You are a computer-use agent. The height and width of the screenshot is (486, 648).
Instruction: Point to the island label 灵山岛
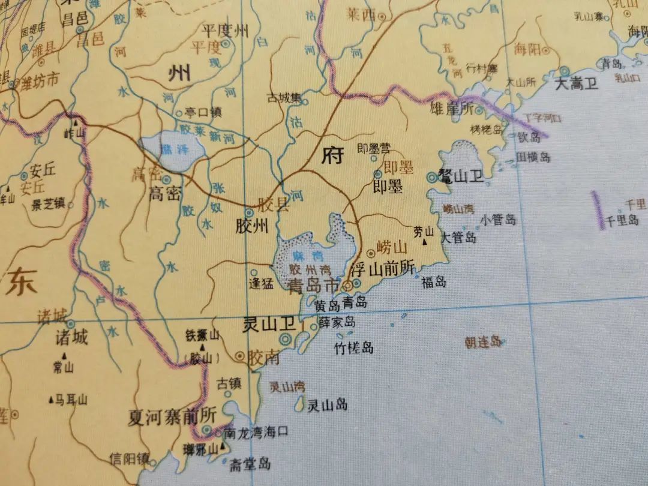point(327,405)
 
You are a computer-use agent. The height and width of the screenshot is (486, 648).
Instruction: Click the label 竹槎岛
point(354,347)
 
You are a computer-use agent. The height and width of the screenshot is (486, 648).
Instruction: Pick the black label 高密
point(164,193)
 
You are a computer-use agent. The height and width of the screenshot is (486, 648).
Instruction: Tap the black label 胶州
point(252,227)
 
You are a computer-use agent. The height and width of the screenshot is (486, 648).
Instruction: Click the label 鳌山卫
point(463,176)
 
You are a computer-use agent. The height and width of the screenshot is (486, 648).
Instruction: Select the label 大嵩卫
point(576,83)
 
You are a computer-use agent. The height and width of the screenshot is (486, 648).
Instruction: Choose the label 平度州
point(225,31)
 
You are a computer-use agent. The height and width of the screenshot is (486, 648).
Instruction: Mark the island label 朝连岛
point(483,342)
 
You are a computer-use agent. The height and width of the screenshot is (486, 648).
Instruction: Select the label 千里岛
point(623,221)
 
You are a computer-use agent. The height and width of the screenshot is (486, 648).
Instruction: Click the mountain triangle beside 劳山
point(425,242)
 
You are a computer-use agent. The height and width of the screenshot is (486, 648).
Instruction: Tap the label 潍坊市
point(40,82)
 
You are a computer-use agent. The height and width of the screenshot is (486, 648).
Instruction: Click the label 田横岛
point(533,157)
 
